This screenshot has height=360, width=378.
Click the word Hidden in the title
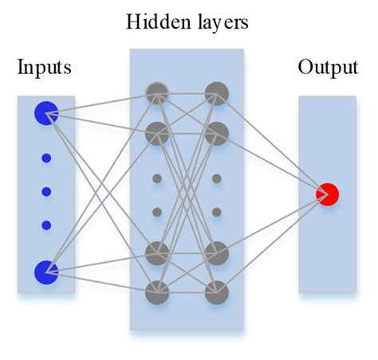tap(159, 22)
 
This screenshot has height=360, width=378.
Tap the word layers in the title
tap(223, 23)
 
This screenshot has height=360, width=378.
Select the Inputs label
tap(45, 68)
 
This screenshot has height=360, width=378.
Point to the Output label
tap(328, 68)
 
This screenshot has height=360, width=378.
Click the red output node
tap(328, 194)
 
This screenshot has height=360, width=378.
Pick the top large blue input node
tap(46, 113)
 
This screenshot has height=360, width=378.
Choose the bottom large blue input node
tap(46, 272)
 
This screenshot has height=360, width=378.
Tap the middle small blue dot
tap(46, 192)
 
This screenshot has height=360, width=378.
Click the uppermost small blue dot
tap(46, 158)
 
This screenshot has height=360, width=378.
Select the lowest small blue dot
tap(46, 225)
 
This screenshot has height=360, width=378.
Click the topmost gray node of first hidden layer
tap(157, 93)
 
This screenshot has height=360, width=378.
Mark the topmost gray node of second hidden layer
tap(217, 93)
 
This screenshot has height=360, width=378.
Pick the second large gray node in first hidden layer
tap(157, 134)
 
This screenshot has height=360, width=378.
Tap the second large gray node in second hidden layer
tap(217, 134)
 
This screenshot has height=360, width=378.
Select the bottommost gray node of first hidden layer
tap(157, 292)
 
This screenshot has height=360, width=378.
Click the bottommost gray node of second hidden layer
tap(217, 292)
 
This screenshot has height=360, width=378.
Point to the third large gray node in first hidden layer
tap(157, 253)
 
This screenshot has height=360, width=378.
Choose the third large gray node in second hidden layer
tap(217, 253)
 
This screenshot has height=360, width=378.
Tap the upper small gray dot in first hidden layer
tap(157, 178)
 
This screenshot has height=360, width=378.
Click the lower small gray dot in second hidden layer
tap(217, 212)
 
